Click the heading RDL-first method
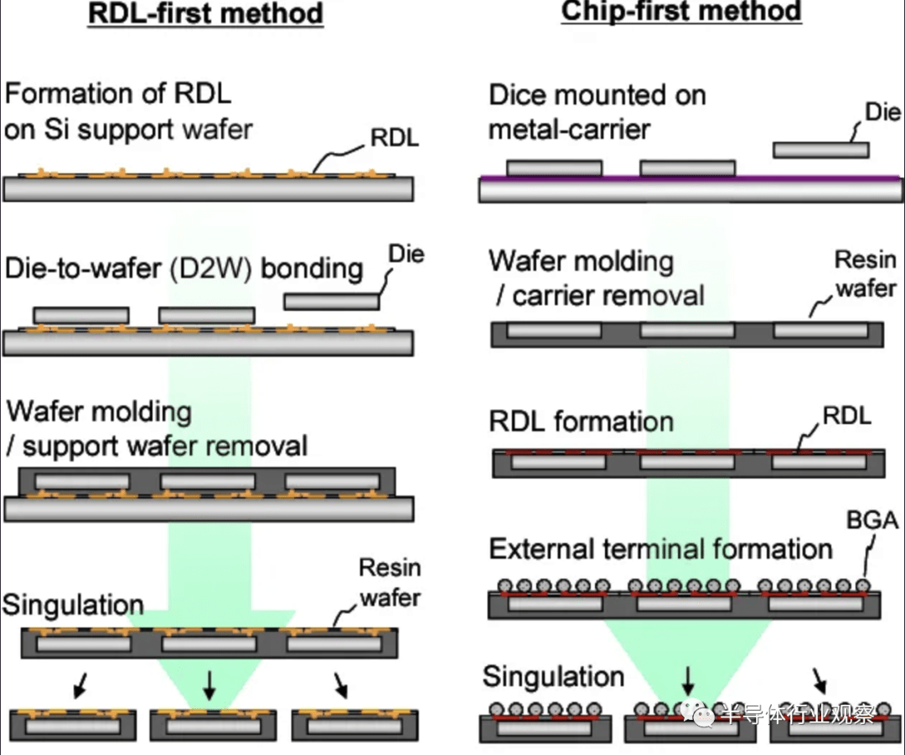[x=205, y=13]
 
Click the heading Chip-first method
[x=681, y=11]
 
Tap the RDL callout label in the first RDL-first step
[x=395, y=137]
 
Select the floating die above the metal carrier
[x=820, y=150]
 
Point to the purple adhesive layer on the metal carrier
[x=690, y=178]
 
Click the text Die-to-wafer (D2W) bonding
[x=184, y=269]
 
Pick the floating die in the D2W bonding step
[x=331, y=302]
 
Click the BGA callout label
[x=872, y=520]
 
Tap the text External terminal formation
[x=661, y=549]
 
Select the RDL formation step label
[x=582, y=421]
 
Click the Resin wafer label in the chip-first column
[x=866, y=274]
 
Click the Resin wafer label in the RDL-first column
[x=390, y=583]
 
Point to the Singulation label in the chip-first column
[x=554, y=676]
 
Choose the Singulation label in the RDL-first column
[x=73, y=605]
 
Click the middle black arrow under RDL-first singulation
[x=209, y=685]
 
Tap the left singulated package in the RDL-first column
[x=73, y=725]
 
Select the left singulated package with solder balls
[x=546, y=722]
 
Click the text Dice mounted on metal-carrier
[x=597, y=112]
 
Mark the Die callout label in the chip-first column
[x=882, y=112]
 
